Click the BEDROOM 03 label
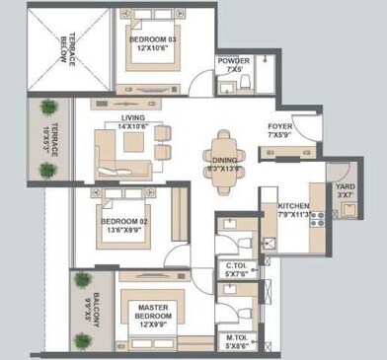pyautogui.click(x=150, y=40)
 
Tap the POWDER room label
pyautogui.click(x=234, y=60)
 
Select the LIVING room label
pyautogui.click(x=133, y=117)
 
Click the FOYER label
pyautogui.click(x=279, y=126)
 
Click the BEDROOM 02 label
pyautogui.click(x=124, y=223)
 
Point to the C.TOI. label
pyautogui.click(x=236, y=265)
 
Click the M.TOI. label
pyautogui.click(x=235, y=338)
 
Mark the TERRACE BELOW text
pyautogui.click(x=67, y=46)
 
